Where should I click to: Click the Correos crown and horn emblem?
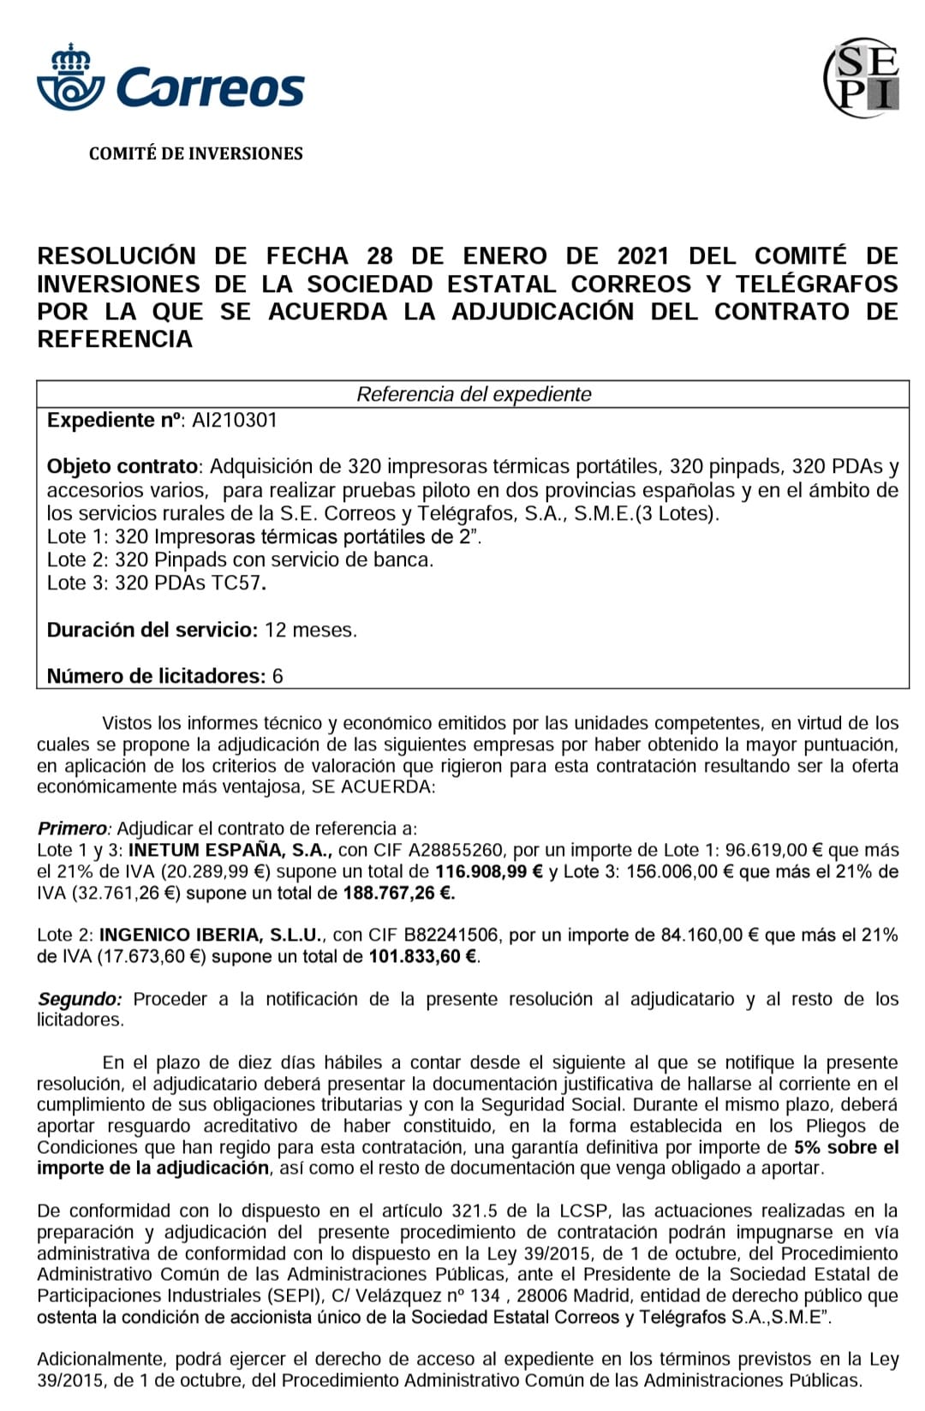pos(70,80)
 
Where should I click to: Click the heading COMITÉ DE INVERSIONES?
pos(195,154)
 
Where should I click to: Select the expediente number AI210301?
pos(234,421)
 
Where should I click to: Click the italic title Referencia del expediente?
pos(474,394)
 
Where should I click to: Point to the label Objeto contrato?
pos(122,467)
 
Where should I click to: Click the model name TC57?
pos(236,583)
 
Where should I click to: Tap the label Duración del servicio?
pos(152,631)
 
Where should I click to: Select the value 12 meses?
pos(310,631)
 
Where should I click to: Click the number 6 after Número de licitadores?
pos(277,677)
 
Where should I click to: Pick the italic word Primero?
pos(73,828)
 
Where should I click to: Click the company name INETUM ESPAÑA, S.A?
pos(230,851)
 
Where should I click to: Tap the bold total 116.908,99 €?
pos(490,872)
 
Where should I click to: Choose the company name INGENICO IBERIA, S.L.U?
pos(211,936)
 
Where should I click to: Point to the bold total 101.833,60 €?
pos(423,957)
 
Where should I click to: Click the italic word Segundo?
pos(79,999)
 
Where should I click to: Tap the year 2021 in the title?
pos(643,256)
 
